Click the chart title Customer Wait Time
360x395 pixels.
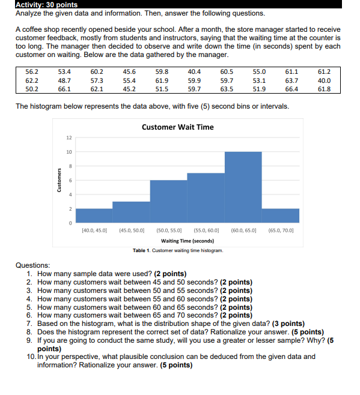click(177, 127)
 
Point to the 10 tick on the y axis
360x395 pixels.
click(69, 151)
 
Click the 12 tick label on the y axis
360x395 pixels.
click(69, 137)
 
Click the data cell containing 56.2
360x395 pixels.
click(32, 71)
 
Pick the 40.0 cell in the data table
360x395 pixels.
click(325, 80)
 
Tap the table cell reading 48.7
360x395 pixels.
click(64, 80)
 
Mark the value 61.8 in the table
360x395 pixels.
click(325, 89)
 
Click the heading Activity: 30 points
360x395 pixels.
click(47, 5)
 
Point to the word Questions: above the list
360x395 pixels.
click(32, 265)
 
